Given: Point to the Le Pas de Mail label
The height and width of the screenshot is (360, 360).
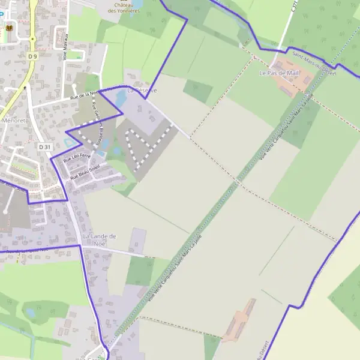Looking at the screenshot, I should (x=278, y=73).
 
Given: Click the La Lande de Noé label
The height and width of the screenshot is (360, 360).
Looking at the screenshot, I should (x=99, y=239).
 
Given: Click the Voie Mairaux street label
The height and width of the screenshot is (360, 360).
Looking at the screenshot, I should (x=65, y=47).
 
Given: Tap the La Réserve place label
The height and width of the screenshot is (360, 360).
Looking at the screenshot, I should (x=142, y=91).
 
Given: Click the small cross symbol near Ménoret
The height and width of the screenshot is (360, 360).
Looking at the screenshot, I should (x=25, y=88).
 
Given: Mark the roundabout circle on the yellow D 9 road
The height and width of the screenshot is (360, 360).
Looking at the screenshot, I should (x=32, y=39).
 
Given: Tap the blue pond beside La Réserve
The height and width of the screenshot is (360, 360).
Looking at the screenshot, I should (x=121, y=97).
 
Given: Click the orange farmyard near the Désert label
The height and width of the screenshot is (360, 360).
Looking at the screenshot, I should (x=239, y=324).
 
